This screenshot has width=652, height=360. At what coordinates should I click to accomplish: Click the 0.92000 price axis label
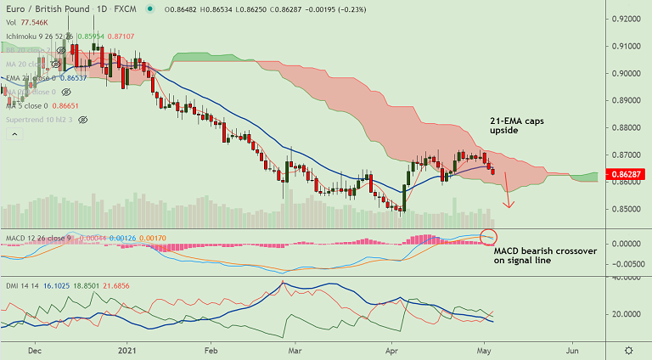pyautogui.click(x=627, y=19)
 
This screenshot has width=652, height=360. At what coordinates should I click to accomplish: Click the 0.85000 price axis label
pyautogui.click(x=627, y=209)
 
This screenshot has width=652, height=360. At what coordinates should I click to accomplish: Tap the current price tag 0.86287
pyautogui.click(x=627, y=174)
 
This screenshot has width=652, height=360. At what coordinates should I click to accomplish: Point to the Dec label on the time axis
pyautogui.click(x=35, y=349)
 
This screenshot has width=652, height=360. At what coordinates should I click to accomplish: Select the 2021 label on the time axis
pyautogui.click(x=126, y=349)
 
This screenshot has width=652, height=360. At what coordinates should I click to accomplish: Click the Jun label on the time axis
pyautogui.click(x=573, y=349)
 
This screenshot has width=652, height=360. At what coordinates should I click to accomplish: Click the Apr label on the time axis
pyautogui.click(x=391, y=349)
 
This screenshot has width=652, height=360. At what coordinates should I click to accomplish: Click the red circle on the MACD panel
pyautogui.click(x=489, y=237)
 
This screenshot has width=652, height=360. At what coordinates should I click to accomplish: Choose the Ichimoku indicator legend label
pyautogui.click(x=25, y=37)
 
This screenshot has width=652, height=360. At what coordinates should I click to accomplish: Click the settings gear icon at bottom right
pyautogui.click(x=628, y=350)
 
